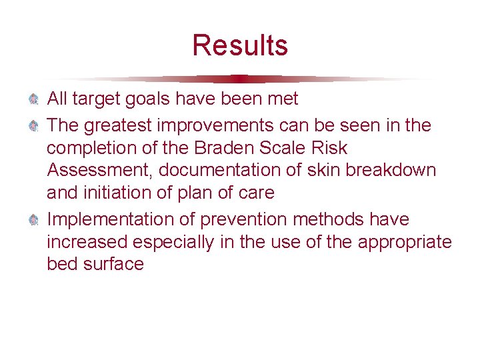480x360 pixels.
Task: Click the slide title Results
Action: coord(240,45)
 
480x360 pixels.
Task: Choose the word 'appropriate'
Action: coord(405,241)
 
